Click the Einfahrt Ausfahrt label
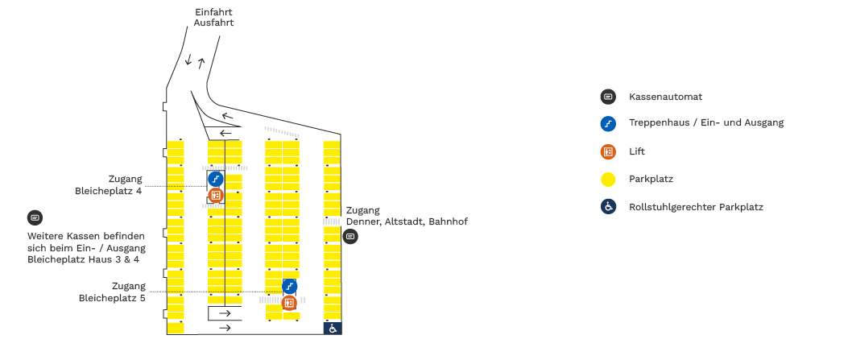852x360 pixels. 213,18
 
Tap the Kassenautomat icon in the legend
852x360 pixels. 608,97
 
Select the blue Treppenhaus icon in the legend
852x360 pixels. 608,123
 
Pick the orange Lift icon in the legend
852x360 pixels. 608,151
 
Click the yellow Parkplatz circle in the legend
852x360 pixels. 608,179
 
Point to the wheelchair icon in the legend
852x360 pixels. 608,207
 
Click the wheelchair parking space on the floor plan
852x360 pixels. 332,328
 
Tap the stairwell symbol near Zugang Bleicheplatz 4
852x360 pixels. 215,179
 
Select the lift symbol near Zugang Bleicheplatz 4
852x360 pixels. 215,195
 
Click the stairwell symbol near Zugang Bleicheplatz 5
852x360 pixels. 290,286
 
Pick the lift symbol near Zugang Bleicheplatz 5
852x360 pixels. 289,303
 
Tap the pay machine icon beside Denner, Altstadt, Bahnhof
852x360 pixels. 350,237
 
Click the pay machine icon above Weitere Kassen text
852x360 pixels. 35,217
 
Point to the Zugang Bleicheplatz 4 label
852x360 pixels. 114,185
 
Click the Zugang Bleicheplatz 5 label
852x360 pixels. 113,292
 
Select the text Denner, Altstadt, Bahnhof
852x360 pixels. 407,221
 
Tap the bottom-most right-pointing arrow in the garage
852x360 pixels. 225,328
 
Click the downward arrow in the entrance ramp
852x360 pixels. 188,60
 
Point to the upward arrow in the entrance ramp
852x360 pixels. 201,63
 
